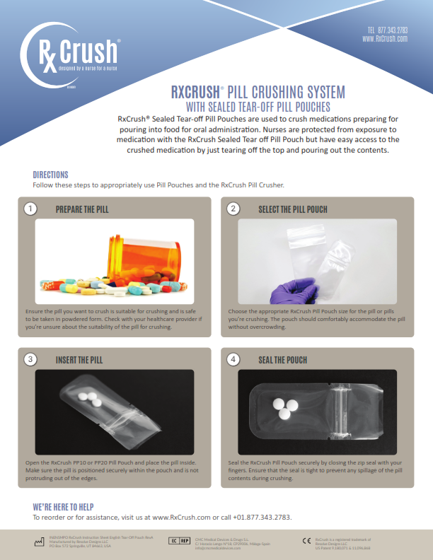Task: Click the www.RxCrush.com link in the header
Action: point(385,40)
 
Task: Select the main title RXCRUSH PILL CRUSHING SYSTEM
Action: point(258,93)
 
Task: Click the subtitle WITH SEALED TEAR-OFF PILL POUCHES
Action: point(258,107)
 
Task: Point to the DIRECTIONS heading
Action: point(51,175)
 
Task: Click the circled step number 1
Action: point(30,209)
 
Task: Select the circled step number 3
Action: point(30,359)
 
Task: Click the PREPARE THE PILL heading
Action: point(82,210)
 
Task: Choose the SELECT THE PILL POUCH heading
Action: point(293,210)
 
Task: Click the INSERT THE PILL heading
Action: point(79,360)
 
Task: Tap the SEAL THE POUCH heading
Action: point(283,360)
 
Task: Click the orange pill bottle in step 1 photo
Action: point(138,258)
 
